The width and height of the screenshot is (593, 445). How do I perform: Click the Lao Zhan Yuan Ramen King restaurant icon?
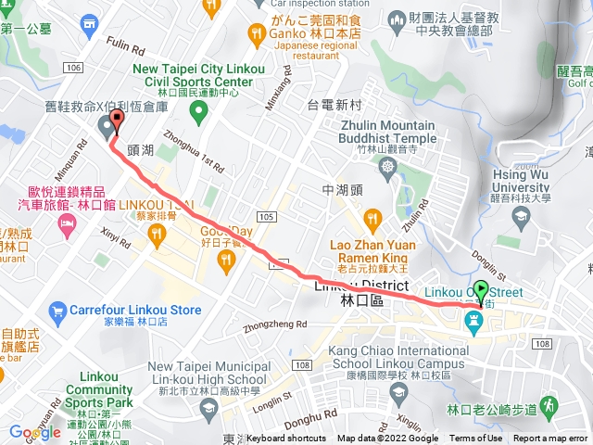372,219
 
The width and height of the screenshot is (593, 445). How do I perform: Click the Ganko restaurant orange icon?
257,34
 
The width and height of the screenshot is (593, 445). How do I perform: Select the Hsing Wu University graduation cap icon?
521,217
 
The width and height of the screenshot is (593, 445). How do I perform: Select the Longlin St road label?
274,399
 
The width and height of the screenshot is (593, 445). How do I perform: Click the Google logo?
34,431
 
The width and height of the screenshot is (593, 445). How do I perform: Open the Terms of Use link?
476,439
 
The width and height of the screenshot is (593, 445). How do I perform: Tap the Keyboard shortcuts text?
286,439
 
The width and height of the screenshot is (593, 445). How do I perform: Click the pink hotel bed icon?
67,224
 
